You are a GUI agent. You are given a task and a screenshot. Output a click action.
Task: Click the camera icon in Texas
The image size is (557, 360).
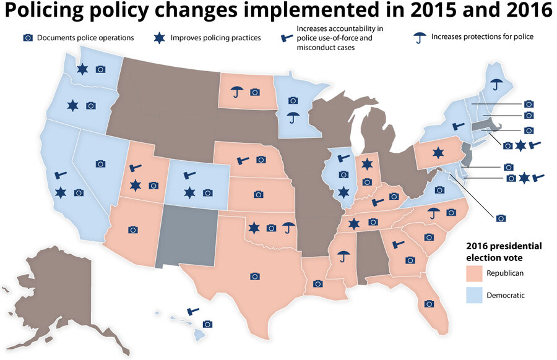(x=254, y=276)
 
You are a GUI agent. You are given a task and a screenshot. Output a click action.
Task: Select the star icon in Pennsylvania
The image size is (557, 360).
(x=438, y=152)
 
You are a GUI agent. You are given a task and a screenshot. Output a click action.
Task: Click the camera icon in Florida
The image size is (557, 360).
(x=428, y=304)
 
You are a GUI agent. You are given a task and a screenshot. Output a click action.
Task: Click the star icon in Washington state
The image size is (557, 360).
(x=82, y=69)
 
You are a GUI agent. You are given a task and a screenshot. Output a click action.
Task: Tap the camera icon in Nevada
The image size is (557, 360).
(x=100, y=164)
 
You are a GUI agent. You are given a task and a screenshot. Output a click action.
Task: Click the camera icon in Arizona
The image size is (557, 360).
(x=132, y=230)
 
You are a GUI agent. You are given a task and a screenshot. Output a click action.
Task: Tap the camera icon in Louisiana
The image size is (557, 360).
(x=318, y=284)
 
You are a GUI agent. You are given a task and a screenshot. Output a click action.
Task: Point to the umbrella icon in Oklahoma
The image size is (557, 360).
(x=288, y=228)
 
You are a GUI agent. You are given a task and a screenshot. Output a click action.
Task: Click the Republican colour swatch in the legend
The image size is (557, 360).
(x=474, y=273)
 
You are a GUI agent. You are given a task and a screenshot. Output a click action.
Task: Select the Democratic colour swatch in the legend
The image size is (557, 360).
(x=474, y=295)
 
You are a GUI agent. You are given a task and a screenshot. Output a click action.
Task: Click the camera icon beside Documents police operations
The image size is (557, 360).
(x=27, y=38)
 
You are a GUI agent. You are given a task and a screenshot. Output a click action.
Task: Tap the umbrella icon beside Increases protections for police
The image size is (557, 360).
(x=420, y=38)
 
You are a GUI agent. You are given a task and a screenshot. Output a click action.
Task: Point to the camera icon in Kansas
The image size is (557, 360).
(x=258, y=195)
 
